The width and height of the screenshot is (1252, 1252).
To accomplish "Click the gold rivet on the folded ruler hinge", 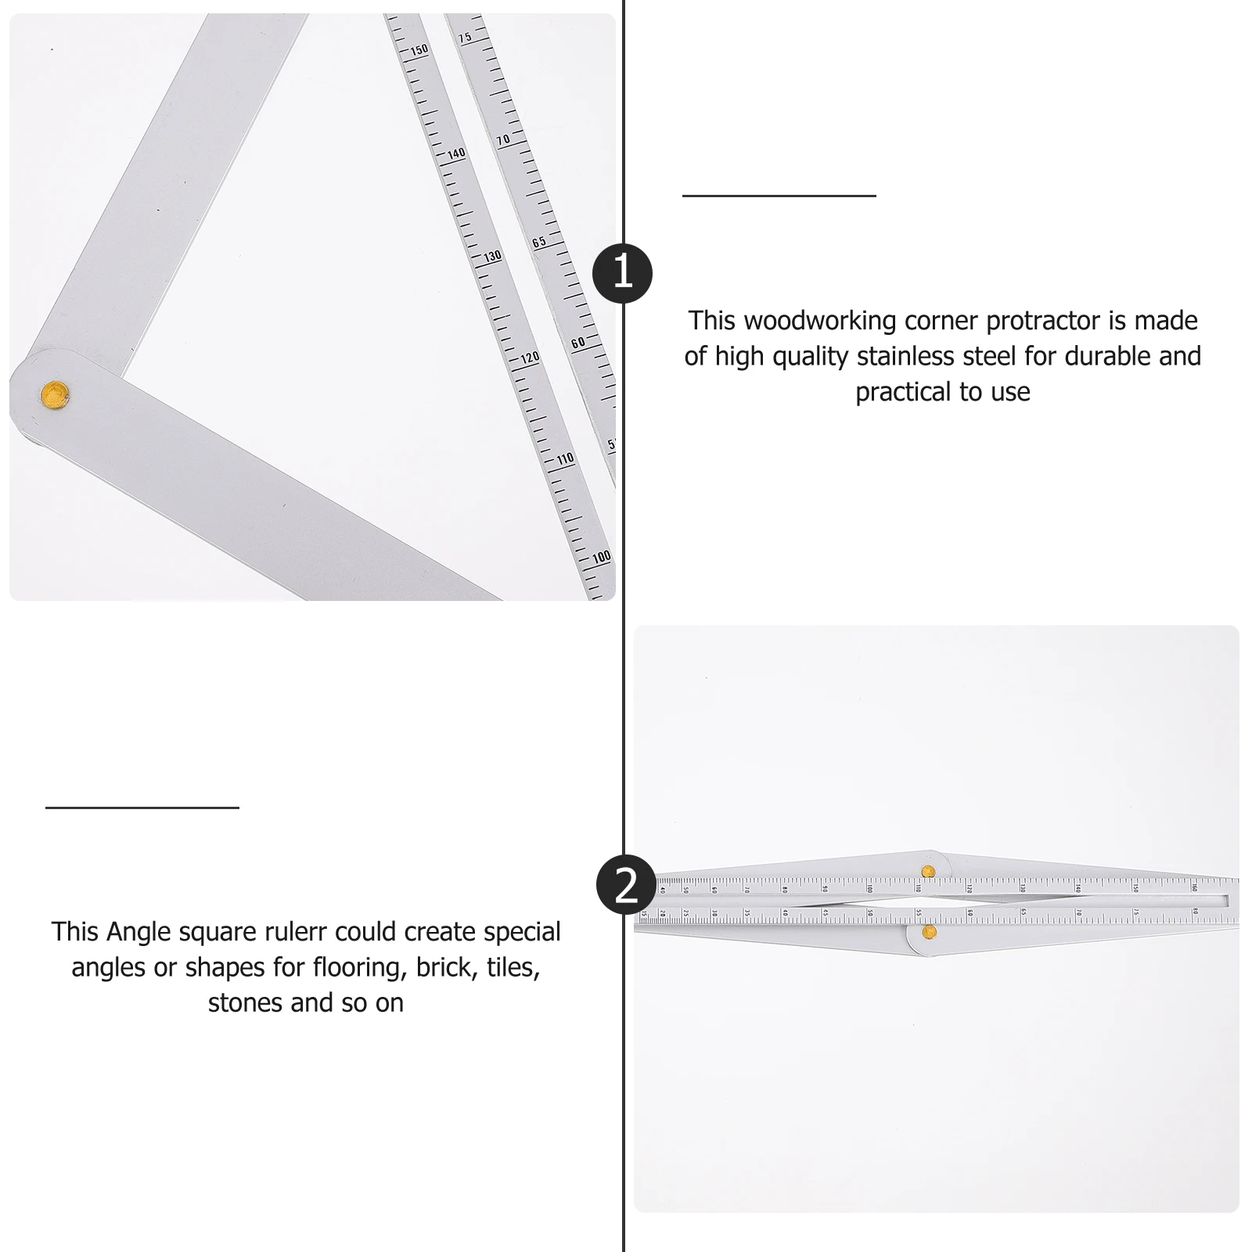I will pyautogui.click(x=55, y=394).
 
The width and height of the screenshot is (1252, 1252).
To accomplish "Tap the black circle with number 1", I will pyautogui.click(x=622, y=273).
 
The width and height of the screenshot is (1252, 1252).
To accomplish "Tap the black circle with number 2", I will pyautogui.click(x=626, y=885).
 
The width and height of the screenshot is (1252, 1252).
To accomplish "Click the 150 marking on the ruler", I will pyautogui.click(x=419, y=50).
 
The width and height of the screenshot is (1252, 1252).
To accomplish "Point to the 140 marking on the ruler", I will pyautogui.click(x=456, y=153).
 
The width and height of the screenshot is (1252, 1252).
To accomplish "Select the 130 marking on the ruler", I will pyautogui.click(x=492, y=256).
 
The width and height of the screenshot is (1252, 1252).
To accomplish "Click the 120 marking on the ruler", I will pyautogui.click(x=530, y=358).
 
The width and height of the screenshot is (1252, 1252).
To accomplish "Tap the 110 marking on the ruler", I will pyautogui.click(x=565, y=459).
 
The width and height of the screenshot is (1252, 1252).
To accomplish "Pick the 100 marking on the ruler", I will pyautogui.click(x=601, y=557).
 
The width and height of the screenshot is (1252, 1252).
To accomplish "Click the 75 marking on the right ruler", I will pyautogui.click(x=465, y=38).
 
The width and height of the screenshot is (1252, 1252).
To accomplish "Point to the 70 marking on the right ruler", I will pyautogui.click(x=502, y=140).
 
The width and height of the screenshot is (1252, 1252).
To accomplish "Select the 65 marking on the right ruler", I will pyautogui.click(x=539, y=242).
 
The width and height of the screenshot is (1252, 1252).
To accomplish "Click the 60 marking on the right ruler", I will pyautogui.click(x=577, y=343).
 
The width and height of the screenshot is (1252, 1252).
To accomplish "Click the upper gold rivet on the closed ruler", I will pyautogui.click(x=928, y=872).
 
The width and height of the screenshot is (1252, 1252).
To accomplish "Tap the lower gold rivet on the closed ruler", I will pyautogui.click(x=929, y=931).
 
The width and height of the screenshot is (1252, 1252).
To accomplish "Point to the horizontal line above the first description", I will pyautogui.click(x=779, y=196).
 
